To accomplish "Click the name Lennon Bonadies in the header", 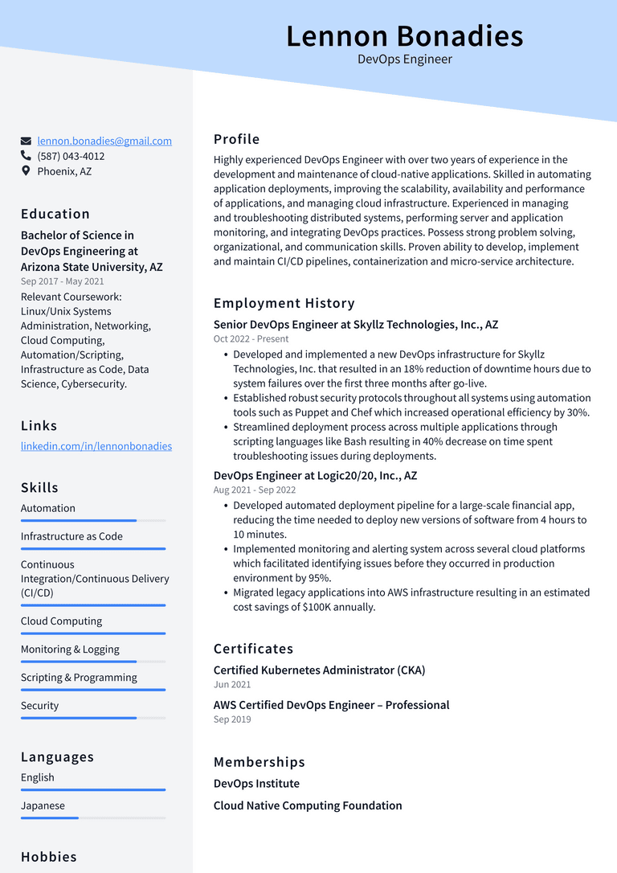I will [x=404, y=36].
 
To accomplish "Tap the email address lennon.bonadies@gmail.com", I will [x=104, y=141].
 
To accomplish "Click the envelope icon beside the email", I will [x=27, y=141].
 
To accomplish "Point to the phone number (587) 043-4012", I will [x=71, y=156].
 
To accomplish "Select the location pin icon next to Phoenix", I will [x=27, y=171].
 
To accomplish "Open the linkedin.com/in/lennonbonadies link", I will [x=96, y=446].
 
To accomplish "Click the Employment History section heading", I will [x=284, y=303].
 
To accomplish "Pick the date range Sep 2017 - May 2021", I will [x=63, y=281].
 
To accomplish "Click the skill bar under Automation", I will [x=93, y=521].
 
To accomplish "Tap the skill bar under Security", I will [x=93, y=718].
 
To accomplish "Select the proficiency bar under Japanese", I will [x=93, y=818].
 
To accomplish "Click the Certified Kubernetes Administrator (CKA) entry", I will [x=319, y=670].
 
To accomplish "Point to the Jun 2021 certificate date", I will [x=232, y=685].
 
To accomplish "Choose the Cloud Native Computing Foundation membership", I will [x=308, y=805].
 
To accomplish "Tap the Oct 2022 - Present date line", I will [x=251, y=339].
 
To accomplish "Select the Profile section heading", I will [x=236, y=139].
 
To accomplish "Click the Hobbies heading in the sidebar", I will [x=49, y=857].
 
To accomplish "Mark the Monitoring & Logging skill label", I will [x=70, y=650].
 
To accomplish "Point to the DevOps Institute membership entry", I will [x=256, y=784].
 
